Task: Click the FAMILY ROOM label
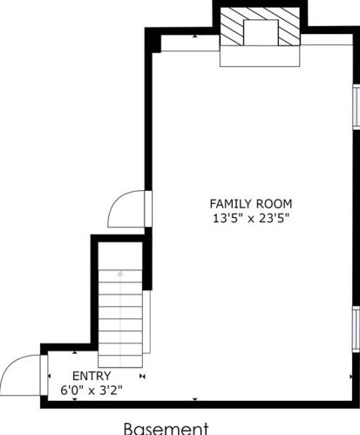[x=251, y=204]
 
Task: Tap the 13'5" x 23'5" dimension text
[x=251, y=218]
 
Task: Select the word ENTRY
[x=92, y=376]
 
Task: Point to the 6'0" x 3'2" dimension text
[x=92, y=390]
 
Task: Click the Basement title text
[x=166, y=429]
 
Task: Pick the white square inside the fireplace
[x=261, y=32]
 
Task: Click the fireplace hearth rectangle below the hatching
[x=260, y=56]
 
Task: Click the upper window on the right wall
[x=357, y=105]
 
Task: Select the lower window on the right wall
[x=357, y=330]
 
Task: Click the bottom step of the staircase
[x=120, y=361]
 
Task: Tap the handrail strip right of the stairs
[x=146, y=322]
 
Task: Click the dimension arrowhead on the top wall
[x=195, y=37]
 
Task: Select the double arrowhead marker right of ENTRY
[x=142, y=376]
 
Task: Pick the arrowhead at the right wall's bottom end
[x=351, y=377]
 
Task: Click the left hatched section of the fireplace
[x=232, y=27]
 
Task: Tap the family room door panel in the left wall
[x=148, y=208]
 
